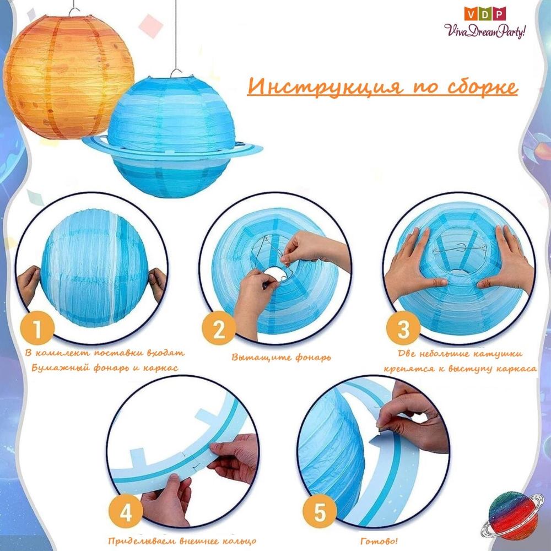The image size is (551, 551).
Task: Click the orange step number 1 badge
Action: (37, 328)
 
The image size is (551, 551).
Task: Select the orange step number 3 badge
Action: (403, 328)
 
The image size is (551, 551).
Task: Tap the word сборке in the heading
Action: (483, 87)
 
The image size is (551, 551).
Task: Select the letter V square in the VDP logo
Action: (469, 14)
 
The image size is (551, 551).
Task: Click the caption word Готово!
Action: (379, 541)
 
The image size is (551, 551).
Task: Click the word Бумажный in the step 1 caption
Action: (60, 368)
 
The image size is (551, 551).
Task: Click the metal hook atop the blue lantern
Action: (176, 73)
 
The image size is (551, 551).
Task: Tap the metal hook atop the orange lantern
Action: (74, 12)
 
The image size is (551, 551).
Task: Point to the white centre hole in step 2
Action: (276, 274)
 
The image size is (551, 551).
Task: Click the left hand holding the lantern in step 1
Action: (29, 285)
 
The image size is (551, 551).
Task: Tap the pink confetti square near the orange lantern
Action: (151, 26)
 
